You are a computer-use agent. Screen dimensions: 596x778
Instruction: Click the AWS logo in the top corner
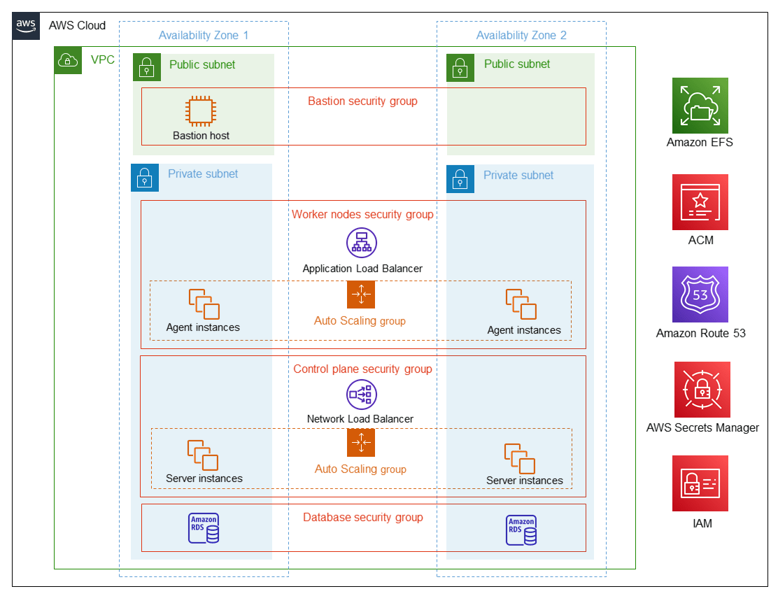click(x=26, y=25)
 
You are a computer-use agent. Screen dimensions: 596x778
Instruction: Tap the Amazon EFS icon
click(x=700, y=106)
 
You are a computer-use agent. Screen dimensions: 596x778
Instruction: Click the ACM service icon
click(x=700, y=202)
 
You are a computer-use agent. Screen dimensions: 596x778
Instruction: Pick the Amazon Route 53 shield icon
click(x=700, y=295)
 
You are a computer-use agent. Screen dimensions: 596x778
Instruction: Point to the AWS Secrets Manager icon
click(x=702, y=390)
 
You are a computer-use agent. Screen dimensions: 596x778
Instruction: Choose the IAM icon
click(x=700, y=483)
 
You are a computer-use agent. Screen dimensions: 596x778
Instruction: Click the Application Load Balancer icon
click(x=362, y=243)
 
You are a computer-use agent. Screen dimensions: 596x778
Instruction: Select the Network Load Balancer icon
click(x=362, y=395)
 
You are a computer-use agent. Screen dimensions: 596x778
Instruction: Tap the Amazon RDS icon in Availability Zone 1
click(x=204, y=528)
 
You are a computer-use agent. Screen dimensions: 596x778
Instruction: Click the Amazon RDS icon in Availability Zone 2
click(x=521, y=530)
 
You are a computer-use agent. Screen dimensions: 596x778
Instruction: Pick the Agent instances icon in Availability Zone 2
click(x=521, y=304)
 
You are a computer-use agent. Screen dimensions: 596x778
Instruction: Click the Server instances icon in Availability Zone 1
click(x=203, y=455)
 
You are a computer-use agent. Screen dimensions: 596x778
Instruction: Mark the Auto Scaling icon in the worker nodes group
click(x=361, y=295)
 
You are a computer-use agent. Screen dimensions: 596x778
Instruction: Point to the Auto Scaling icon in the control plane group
click(x=361, y=443)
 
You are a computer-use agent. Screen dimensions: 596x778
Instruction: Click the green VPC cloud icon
click(x=68, y=60)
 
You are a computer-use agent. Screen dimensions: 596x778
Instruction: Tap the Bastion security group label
click(x=362, y=101)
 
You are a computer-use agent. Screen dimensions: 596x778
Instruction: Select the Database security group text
click(x=362, y=518)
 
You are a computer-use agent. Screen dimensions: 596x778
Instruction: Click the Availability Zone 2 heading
click(x=521, y=36)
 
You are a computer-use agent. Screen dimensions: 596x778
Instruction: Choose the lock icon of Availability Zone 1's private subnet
click(x=145, y=178)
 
